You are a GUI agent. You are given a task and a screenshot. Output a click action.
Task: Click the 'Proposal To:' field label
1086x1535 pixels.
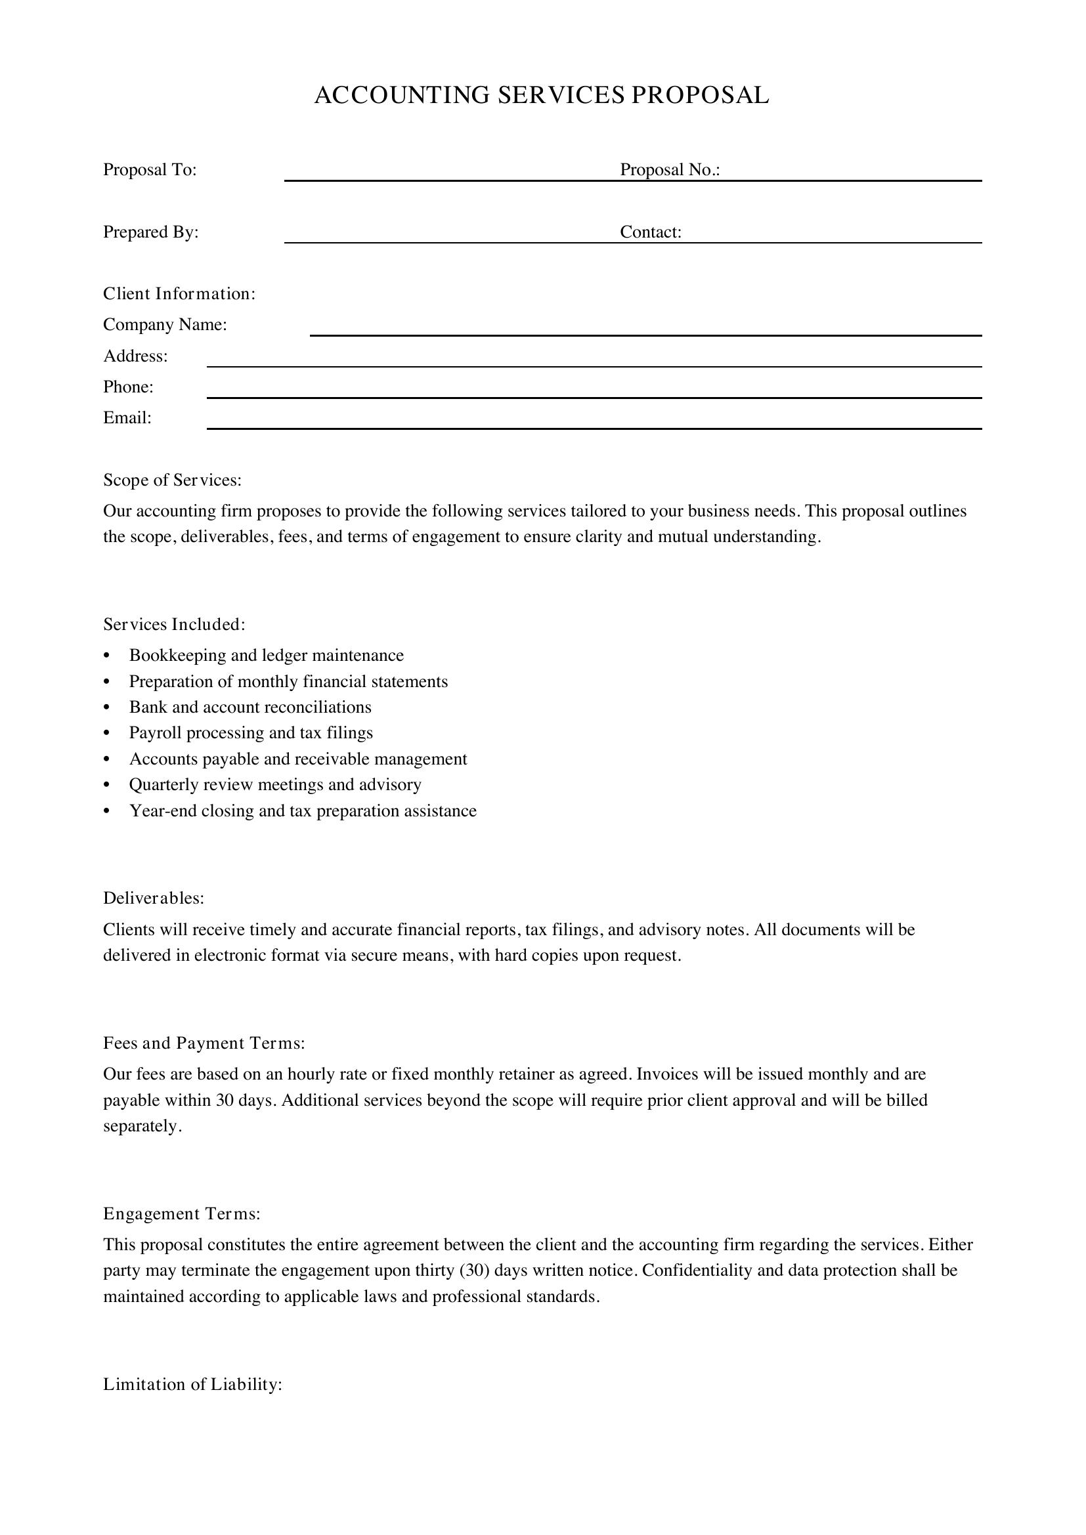[x=150, y=170]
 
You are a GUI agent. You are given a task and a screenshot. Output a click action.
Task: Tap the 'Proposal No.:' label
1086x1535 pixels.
[x=669, y=170]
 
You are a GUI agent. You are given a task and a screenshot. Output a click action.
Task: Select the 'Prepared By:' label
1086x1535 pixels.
[x=150, y=232]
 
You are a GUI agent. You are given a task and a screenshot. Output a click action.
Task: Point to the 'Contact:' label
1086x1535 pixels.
[x=650, y=232]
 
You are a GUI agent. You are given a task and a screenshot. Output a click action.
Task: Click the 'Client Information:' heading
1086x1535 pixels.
[x=179, y=294]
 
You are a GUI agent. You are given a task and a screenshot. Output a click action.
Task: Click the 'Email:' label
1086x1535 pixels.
[x=127, y=418]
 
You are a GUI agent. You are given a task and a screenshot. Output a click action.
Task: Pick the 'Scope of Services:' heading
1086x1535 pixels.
[x=172, y=480]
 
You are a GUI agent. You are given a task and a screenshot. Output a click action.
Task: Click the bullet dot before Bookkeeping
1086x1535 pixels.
[x=107, y=656]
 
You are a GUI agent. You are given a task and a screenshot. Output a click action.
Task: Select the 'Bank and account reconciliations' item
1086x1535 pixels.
[x=250, y=707]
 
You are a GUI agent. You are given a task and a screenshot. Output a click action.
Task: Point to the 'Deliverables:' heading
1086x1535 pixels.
[x=153, y=898]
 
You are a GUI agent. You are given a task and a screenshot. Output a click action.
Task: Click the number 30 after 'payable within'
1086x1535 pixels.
[x=224, y=1101]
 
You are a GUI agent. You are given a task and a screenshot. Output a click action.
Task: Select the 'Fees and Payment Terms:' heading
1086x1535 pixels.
[x=204, y=1043]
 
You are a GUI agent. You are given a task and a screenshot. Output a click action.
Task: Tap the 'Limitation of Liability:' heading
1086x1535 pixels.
[x=192, y=1385]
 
